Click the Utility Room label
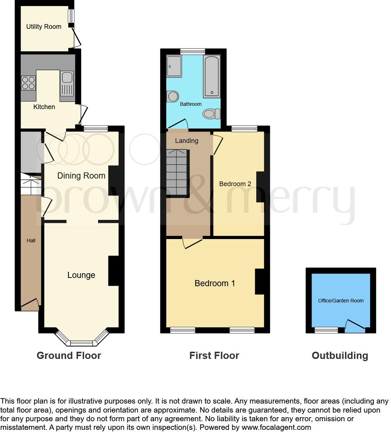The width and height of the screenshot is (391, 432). click(x=43, y=27)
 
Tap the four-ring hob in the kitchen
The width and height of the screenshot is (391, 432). click(x=28, y=83)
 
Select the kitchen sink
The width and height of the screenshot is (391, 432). click(x=67, y=83)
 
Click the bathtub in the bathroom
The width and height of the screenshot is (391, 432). click(x=212, y=76)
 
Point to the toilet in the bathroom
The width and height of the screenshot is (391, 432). click(x=211, y=114)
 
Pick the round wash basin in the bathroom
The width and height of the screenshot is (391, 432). click(x=173, y=96)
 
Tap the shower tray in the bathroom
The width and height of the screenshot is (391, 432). click(x=174, y=66)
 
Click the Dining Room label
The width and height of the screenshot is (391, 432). click(x=81, y=176)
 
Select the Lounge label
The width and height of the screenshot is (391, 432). click(x=81, y=275)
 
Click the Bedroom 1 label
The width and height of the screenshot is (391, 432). click(x=215, y=283)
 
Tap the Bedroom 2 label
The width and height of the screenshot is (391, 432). click(x=235, y=184)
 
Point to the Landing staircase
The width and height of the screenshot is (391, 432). click(x=177, y=172)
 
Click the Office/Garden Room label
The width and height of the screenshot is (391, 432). click(x=341, y=301)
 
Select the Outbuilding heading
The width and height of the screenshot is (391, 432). click(x=340, y=356)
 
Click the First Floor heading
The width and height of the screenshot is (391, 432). click(x=214, y=356)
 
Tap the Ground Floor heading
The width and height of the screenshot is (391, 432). click(x=69, y=356)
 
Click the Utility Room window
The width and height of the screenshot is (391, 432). click(x=72, y=15)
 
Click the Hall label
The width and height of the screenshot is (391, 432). click(x=31, y=240)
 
